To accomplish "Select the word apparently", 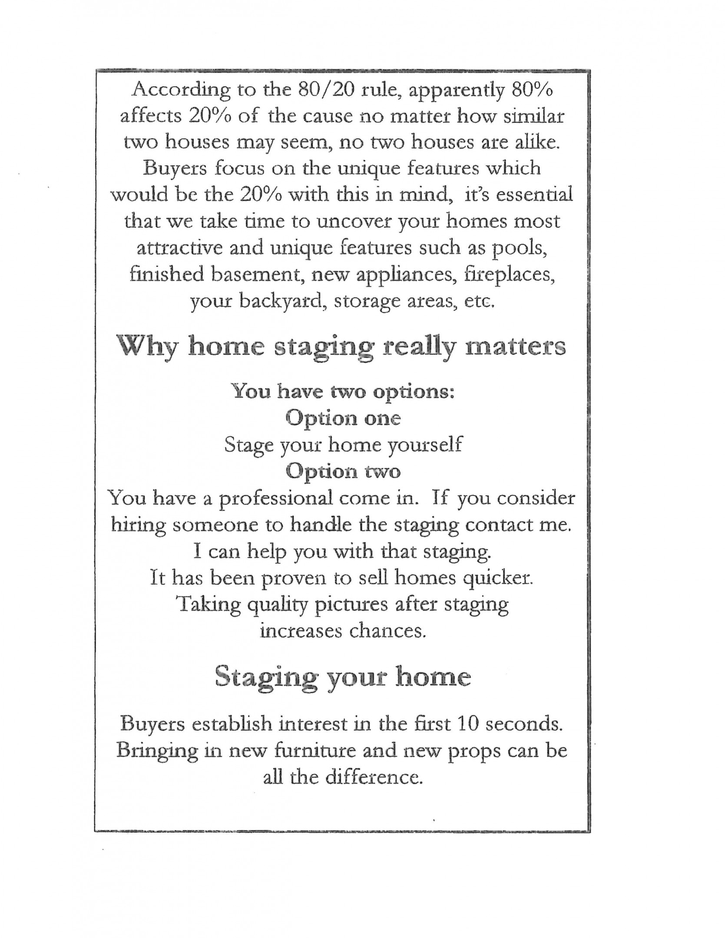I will [456, 91].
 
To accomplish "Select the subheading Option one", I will [343, 418].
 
